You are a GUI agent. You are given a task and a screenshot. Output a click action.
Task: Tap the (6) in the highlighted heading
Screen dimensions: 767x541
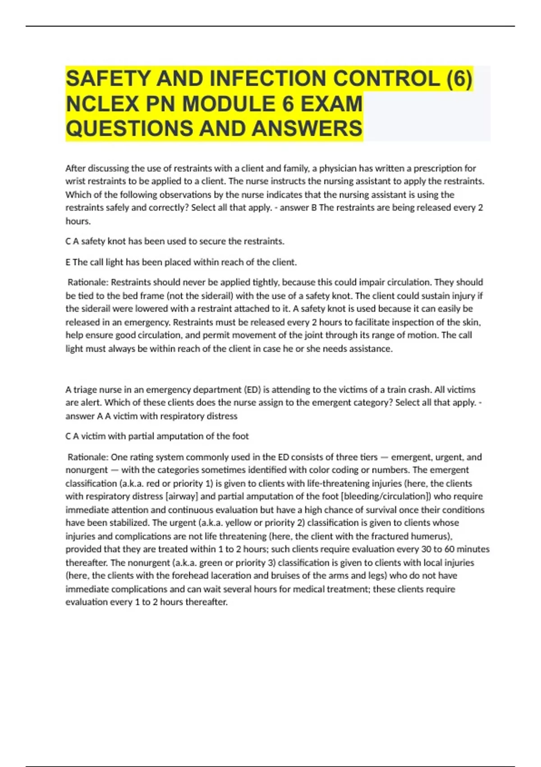click(459, 79)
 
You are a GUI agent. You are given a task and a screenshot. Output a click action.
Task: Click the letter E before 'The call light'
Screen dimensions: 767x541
click(68, 262)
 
